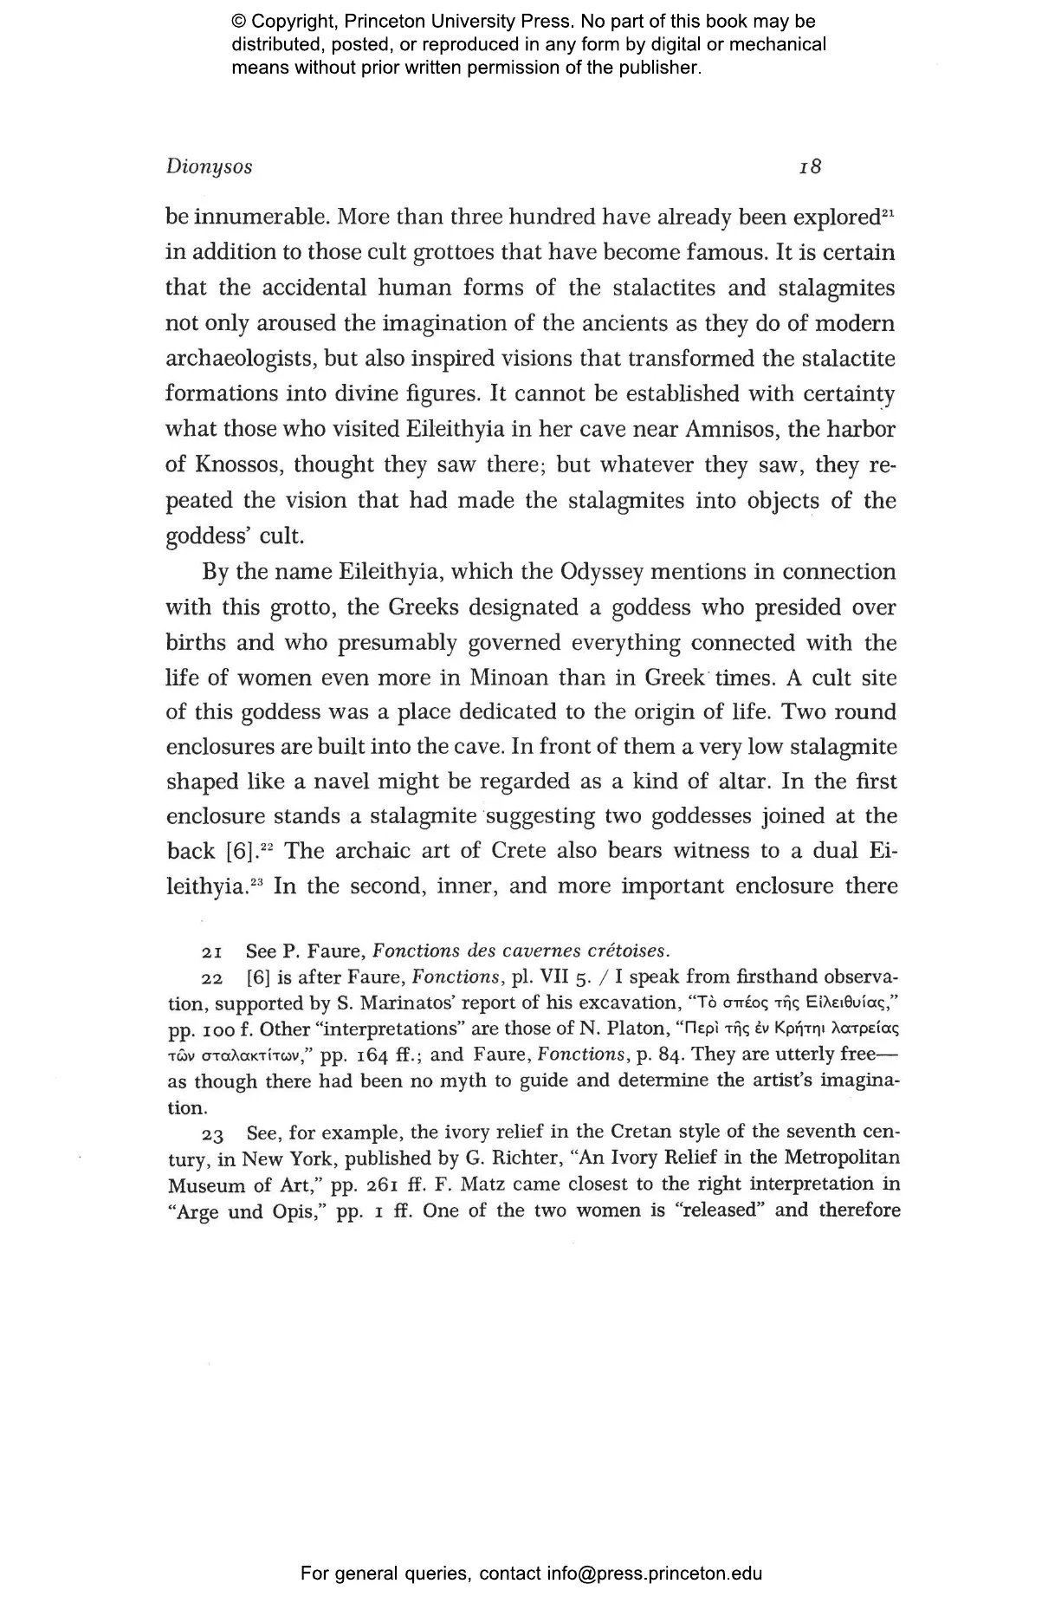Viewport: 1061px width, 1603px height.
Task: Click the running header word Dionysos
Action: [x=209, y=167]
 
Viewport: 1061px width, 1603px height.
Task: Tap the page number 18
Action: [x=810, y=167]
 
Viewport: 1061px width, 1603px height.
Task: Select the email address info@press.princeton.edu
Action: [x=654, y=1573]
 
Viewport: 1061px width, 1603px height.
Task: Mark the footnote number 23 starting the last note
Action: [x=213, y=1133]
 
